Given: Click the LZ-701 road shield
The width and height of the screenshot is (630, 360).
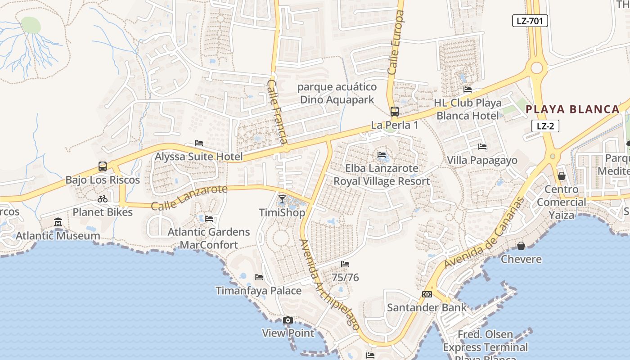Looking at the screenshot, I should (530, 20).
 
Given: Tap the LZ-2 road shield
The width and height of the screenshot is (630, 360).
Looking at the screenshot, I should (545, 126).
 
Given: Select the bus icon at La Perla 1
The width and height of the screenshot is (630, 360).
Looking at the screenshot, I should (395, 112).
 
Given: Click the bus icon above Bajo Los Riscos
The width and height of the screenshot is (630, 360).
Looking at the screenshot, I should (103, 166).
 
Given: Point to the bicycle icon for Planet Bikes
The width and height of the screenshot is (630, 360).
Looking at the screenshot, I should (103, 199).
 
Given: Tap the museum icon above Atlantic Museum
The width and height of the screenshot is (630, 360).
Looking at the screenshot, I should (58, 222).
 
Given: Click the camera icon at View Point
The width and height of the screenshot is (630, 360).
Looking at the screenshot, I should (288, 320).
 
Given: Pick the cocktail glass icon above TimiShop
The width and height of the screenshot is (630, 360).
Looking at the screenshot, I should (282, 199).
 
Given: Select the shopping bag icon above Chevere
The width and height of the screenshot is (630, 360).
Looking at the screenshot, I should (521, 246).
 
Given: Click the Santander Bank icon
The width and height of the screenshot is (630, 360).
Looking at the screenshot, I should (427, 294).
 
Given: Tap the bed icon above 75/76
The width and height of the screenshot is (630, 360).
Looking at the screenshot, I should (345, 264).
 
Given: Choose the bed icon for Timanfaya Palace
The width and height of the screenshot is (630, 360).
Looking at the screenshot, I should (259, 277).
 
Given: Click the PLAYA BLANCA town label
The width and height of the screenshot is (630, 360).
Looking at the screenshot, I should (573, 109).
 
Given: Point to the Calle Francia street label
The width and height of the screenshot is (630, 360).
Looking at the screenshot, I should (278, 112).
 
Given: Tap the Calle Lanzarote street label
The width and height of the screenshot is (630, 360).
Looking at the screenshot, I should (189, 198).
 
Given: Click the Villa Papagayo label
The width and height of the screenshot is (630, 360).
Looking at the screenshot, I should (482, 161).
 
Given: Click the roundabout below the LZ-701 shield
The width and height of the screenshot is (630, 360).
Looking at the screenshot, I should (536, 68).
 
